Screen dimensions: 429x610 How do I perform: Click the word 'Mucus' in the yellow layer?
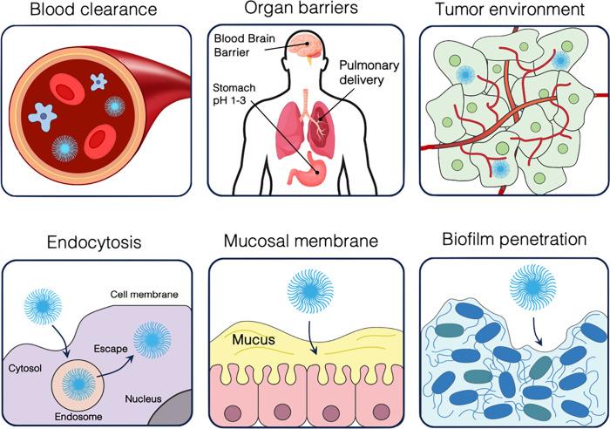(253, 338)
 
